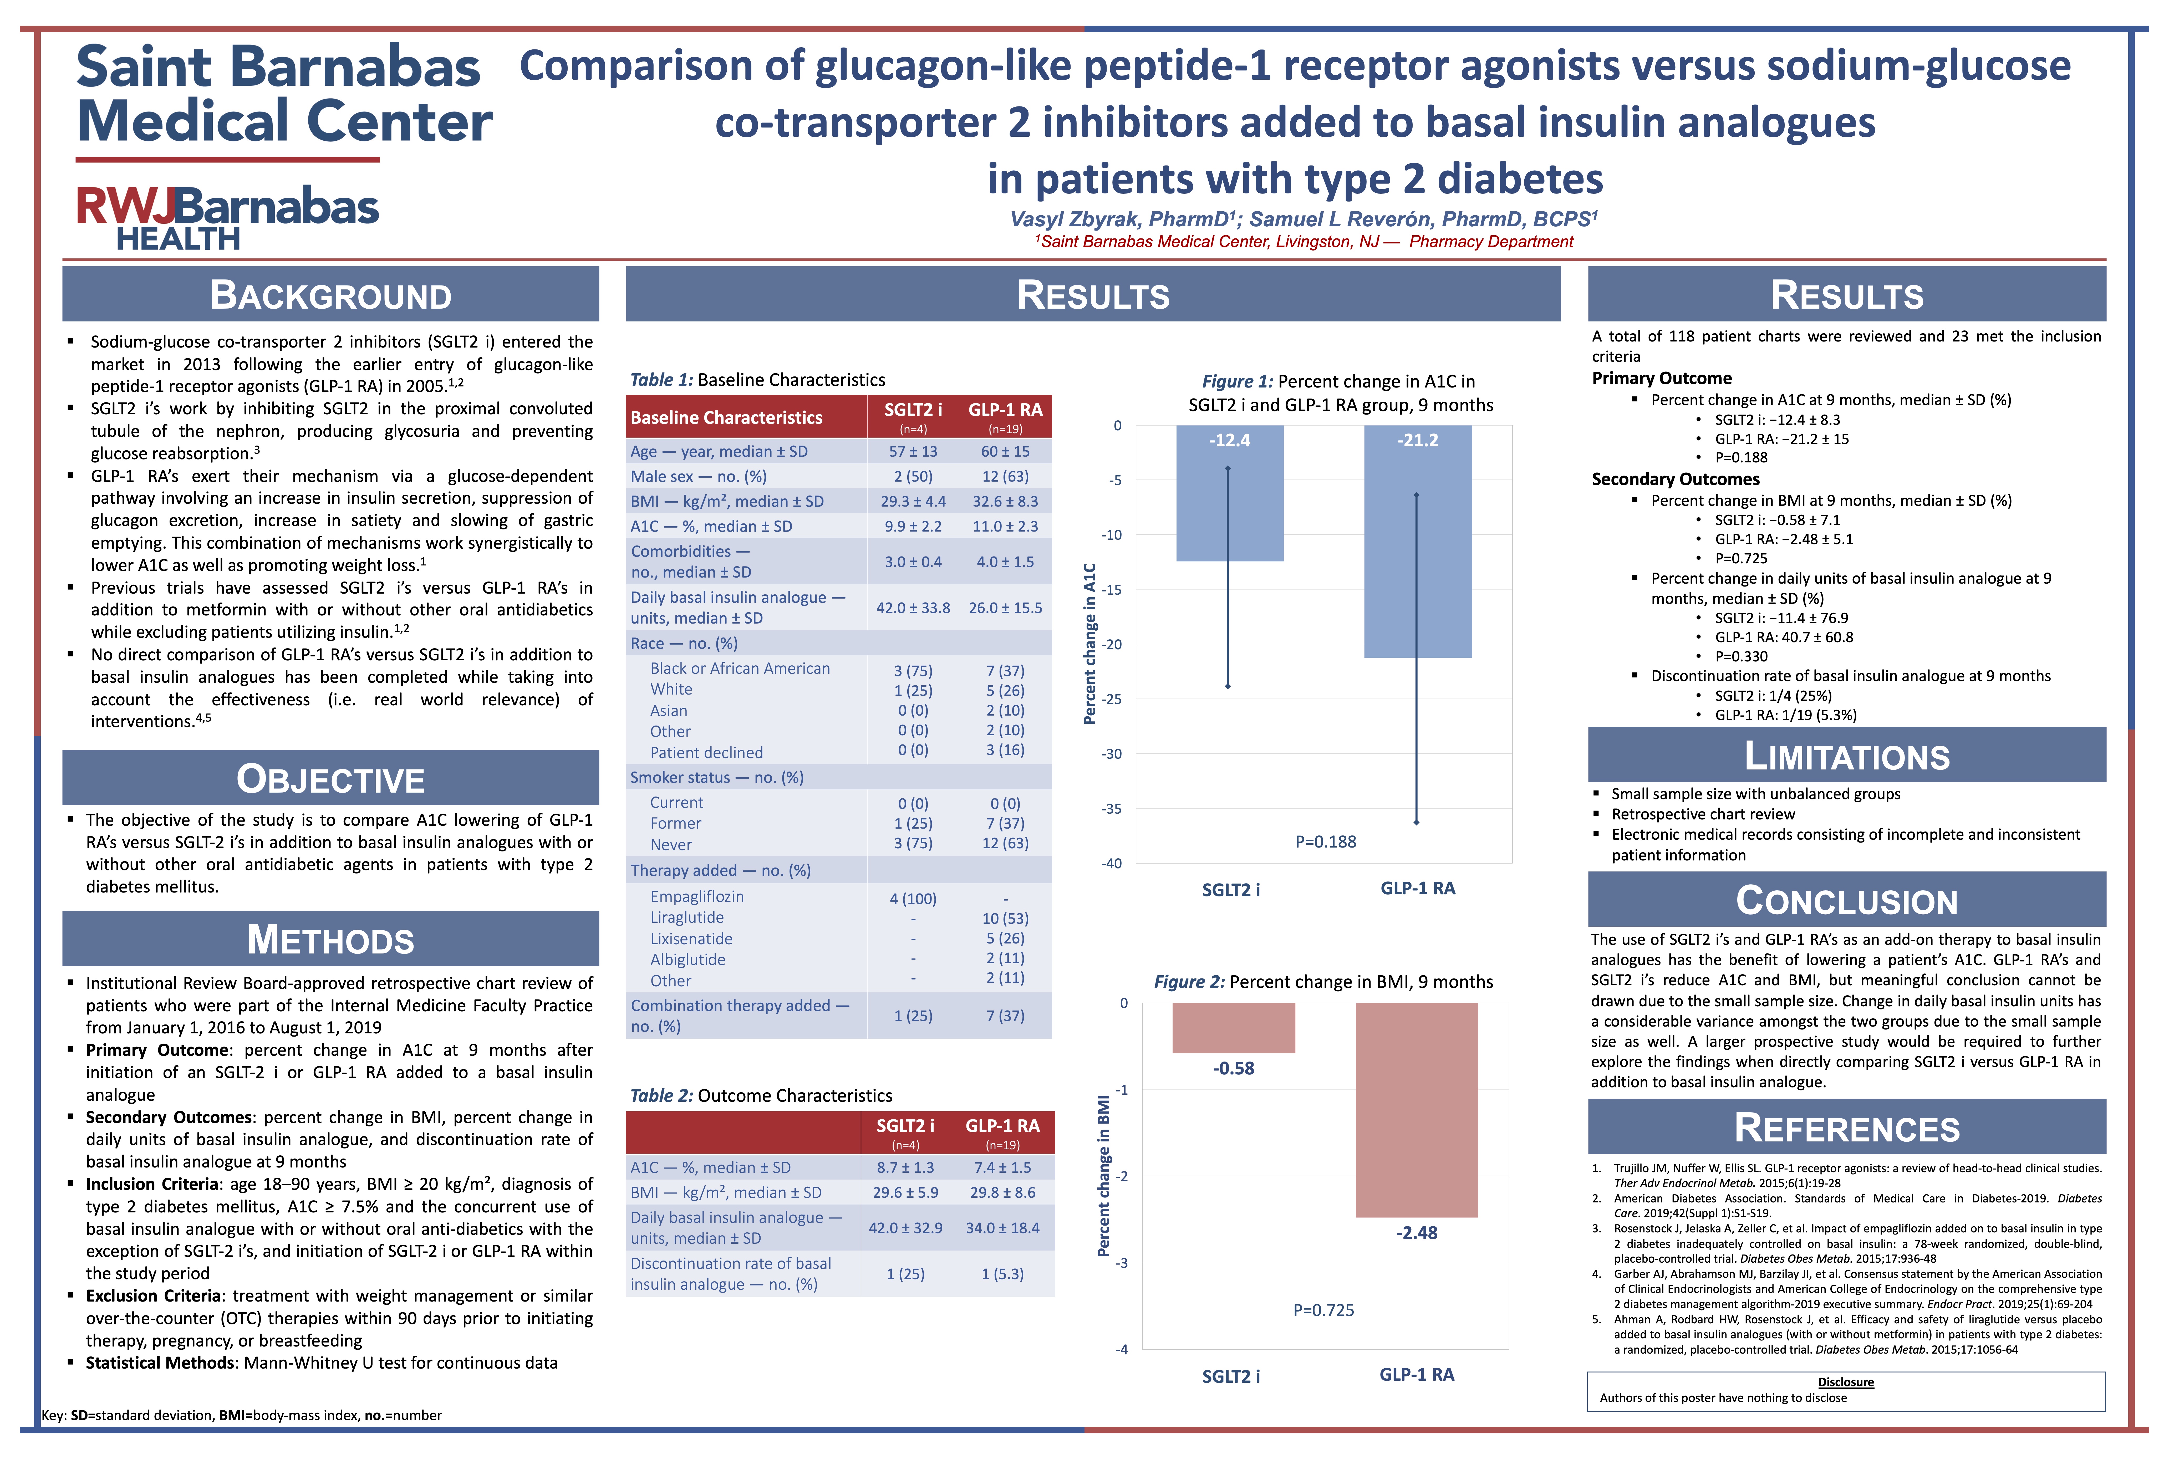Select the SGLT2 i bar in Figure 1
1229,493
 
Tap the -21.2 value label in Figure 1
1417,440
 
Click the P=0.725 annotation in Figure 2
1323,1310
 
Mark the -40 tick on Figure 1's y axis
1112,864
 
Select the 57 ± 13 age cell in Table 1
913,451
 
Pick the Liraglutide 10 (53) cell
1005,919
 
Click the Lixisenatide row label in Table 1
691,939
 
